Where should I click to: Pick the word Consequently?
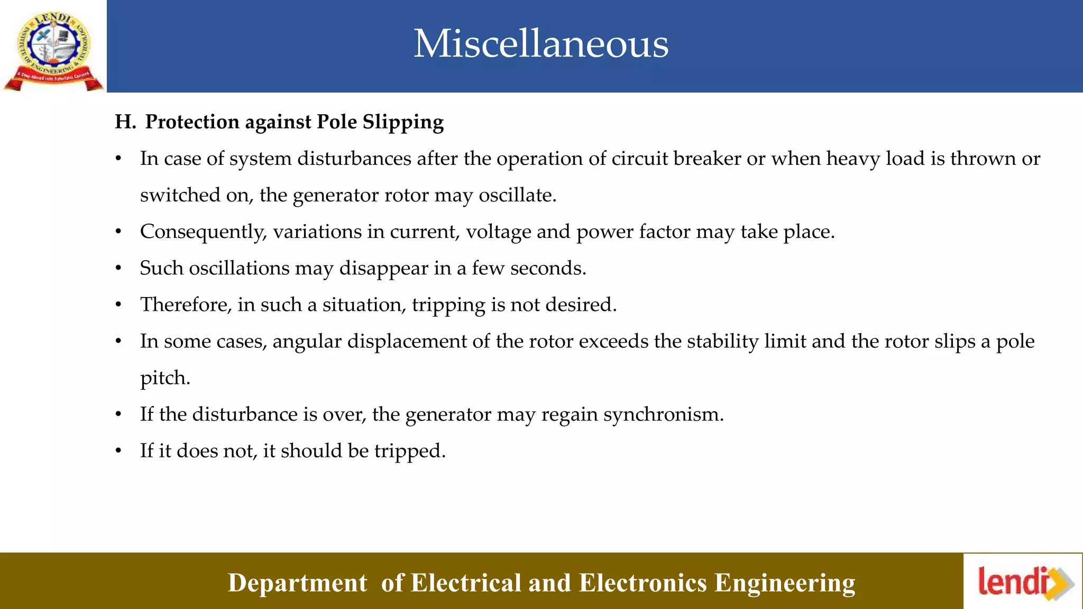[203, 232]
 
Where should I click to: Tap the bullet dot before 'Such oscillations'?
[119, 269]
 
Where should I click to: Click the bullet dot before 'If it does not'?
[119, 451]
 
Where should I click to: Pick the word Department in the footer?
[297, 583]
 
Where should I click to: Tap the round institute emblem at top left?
[54, 47]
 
